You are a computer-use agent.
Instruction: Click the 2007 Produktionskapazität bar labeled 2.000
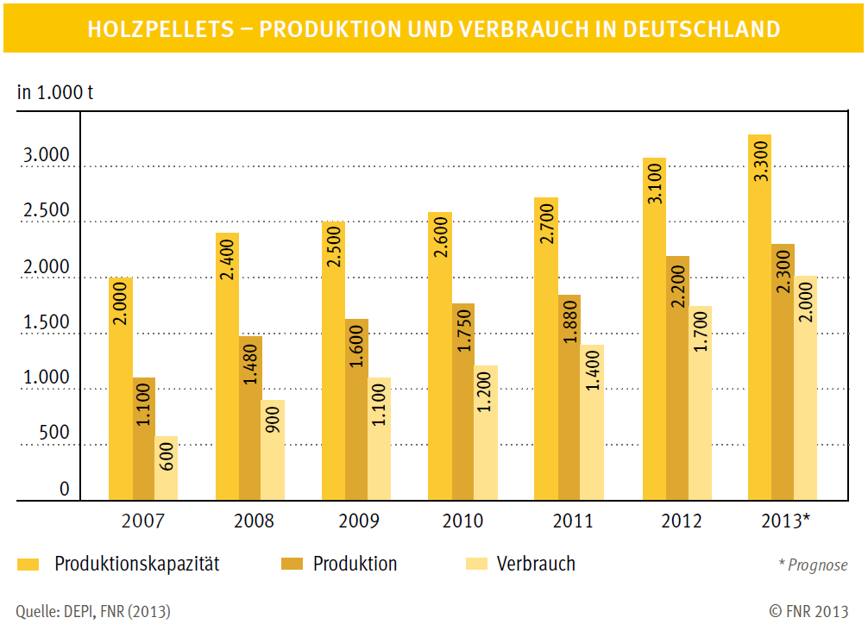[x=120, y=388]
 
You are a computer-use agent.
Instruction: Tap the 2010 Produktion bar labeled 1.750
[x=462, y=402]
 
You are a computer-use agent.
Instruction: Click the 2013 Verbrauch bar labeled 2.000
[x=806, y=388]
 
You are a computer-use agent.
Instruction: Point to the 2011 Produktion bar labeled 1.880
[x=569, y=397]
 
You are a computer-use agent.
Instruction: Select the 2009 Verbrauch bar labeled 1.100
[x=379, y=439]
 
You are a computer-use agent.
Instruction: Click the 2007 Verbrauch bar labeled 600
[x=167, y=468]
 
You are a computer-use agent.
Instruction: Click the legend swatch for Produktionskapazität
[x=29, y=565]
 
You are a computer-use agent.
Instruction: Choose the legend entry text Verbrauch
[x=536, y=565]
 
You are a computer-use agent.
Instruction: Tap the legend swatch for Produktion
[x=292, y=565]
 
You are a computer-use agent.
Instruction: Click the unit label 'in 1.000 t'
[x=55, y=92]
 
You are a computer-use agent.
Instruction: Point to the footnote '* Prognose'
[x=813, y=565]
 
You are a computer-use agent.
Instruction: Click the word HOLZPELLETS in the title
[x=160, y=29]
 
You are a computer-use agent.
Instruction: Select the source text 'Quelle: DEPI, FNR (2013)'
[x=93, y=611]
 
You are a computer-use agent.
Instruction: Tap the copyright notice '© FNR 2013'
[x=808, y=611]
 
